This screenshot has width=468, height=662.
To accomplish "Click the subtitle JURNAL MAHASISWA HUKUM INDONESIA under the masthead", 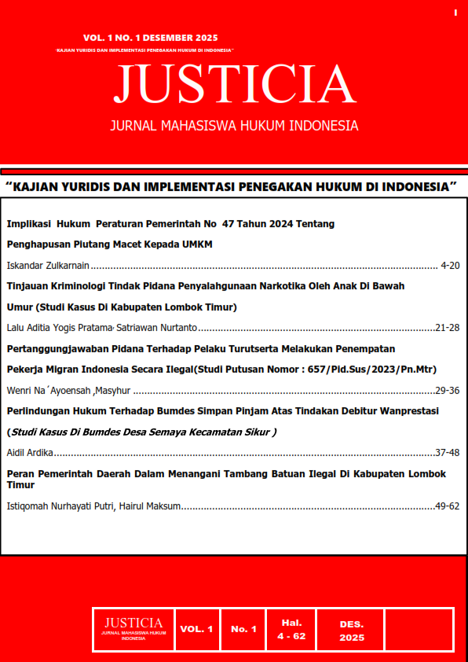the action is [234, 126].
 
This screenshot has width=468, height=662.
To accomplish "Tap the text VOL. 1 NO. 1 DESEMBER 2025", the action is [151, 38].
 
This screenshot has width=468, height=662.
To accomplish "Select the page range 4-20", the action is [451, 266].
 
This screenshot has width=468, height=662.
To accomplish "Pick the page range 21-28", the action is [447, 327].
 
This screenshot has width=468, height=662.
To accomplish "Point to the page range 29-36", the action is [447, 390].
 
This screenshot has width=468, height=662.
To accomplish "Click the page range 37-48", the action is [447, 453].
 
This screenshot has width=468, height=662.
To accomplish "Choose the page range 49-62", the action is [447, 506].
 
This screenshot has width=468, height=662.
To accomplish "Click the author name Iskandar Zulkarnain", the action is [48, 266].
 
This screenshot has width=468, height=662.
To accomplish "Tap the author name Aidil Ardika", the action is [29, 453].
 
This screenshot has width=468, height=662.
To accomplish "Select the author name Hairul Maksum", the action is [154, 506].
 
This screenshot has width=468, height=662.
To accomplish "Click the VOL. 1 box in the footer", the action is [196, 630].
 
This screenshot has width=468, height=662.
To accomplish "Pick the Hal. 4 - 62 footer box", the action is [291, 630].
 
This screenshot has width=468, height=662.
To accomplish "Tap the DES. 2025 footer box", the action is [352, 630].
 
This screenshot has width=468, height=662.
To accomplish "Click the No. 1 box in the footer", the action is [243, 630].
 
